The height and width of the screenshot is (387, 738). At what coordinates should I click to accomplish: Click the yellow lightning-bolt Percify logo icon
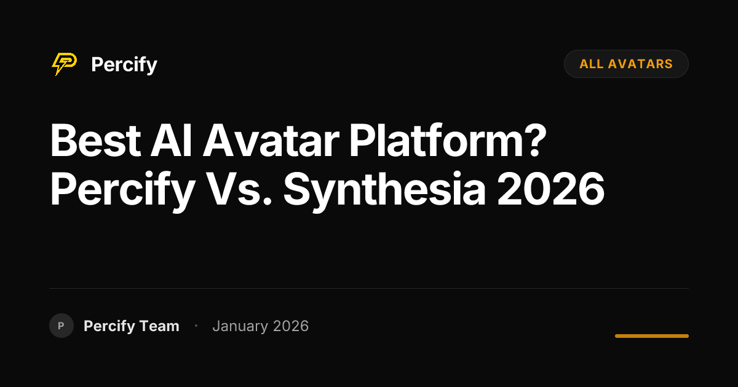point(64,64)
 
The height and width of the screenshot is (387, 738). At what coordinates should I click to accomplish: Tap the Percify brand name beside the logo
point(124,64)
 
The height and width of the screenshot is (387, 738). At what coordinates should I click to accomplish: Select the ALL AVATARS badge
point(626,64)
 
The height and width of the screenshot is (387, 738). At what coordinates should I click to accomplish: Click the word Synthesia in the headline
point(384,190)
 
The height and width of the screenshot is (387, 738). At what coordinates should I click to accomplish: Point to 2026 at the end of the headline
point(550,190)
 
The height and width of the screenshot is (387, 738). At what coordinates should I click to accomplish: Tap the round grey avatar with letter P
point(61,326)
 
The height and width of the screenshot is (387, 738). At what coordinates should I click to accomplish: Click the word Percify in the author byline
point(109,326)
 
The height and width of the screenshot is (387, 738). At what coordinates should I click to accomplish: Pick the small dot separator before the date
point(196,326)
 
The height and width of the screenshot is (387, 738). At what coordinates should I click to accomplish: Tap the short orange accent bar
point(651,336)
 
